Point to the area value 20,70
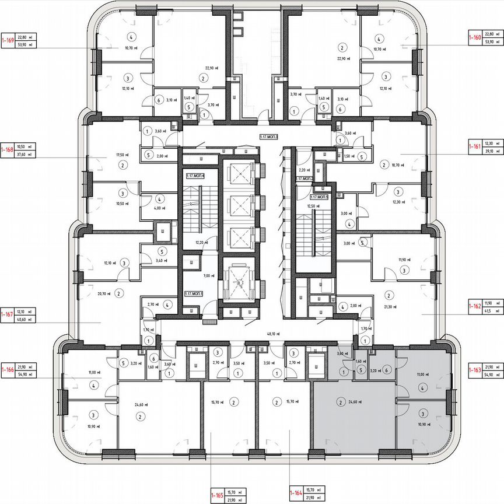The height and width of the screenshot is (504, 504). [104, 293]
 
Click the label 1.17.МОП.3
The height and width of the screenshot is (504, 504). [269, 136]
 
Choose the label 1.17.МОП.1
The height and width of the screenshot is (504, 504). [193, 294]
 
